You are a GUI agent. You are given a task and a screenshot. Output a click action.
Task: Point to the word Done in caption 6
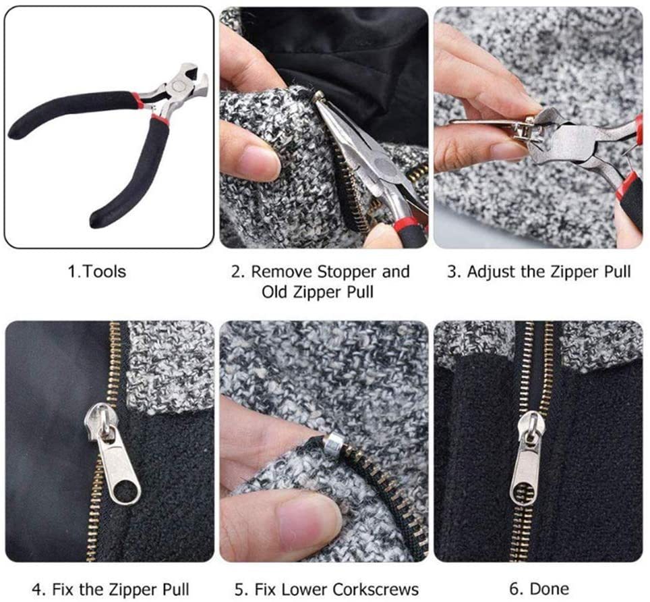[x=550, y=589]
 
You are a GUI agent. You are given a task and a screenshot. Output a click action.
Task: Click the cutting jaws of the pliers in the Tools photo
[x=194, y=77]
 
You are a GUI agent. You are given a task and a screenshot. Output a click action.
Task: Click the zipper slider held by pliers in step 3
[x=523, y=126]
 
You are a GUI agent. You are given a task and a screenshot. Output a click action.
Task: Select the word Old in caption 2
[x=274, y=292]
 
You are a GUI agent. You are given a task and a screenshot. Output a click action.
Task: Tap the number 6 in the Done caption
[x=514, y=589]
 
